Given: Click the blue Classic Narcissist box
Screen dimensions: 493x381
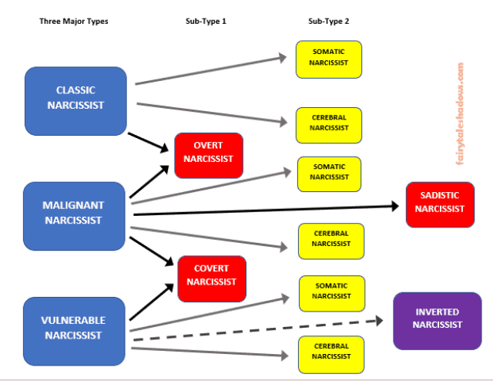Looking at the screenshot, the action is coord(75,101).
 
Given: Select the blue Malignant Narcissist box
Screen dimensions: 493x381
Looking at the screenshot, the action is coord(74,216).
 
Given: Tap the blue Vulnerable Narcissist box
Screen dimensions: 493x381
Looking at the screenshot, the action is coord(74,331).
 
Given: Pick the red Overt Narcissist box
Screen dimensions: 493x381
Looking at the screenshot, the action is coord(209,156).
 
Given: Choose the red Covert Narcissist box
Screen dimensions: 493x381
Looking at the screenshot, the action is coord(212,278).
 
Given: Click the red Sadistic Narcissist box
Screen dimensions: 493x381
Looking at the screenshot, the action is coord(440,204).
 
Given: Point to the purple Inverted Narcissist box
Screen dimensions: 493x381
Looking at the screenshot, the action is coord(438,321).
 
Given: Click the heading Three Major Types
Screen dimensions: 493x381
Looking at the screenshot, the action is coord(74,22).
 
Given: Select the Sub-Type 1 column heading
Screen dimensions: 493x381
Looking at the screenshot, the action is coord(206,22).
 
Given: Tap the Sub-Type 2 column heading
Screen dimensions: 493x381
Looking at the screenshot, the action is coord(329,22).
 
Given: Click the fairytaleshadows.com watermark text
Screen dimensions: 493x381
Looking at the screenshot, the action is coord(460,114).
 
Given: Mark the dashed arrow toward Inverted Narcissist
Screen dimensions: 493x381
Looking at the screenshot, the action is coord(258,330).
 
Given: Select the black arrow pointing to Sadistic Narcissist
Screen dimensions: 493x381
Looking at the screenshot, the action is coord(267,211).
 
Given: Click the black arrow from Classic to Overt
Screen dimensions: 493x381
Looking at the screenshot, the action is coord(149,143).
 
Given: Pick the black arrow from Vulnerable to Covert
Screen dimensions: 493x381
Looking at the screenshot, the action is coord(152,302).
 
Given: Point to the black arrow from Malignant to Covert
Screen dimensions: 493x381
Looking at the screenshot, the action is coord(152,251).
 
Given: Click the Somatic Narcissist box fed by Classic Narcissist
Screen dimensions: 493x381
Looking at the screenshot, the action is coord(329,59).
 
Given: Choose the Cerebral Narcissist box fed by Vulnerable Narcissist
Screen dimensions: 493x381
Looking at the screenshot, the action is coord(331,355).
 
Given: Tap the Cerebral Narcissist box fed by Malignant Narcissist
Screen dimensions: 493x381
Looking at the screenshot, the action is coord(331,241).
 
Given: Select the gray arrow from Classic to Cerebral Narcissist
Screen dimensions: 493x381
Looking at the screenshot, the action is coord(212,113).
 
